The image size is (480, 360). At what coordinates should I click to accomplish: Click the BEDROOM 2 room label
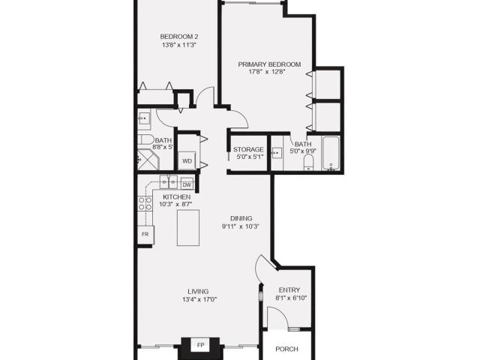point(179,37)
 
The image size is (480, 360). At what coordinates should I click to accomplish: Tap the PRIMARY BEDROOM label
point(269,64)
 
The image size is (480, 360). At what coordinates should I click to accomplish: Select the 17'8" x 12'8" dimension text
point(267,72)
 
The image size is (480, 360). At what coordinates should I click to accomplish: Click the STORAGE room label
point(248,149)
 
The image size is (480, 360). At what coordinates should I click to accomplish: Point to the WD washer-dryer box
point(187,160)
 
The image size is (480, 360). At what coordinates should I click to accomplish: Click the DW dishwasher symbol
point(187,184)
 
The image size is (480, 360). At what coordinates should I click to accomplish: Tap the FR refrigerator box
point(145,235)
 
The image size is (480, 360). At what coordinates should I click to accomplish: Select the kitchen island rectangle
point(188,227)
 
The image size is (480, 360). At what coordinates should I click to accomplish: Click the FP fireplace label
point(200,345)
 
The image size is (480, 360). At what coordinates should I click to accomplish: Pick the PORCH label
point(286,349)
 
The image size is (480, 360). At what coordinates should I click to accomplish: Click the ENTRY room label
point(289,290)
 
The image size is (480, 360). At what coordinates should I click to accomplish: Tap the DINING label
point(241,218)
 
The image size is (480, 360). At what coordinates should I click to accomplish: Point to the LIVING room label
point(198,292)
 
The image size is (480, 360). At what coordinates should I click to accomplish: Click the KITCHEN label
point(177,196)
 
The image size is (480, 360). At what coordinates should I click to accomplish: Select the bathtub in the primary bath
point(331,153)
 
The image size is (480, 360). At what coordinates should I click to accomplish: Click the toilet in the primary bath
point(308,162)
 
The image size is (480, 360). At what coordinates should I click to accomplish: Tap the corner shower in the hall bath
point(148,160)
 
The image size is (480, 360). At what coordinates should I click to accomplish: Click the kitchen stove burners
point(145,203)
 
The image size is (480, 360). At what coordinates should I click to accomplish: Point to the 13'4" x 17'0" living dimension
point(199,299)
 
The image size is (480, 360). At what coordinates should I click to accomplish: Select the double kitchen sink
point(168,182)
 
